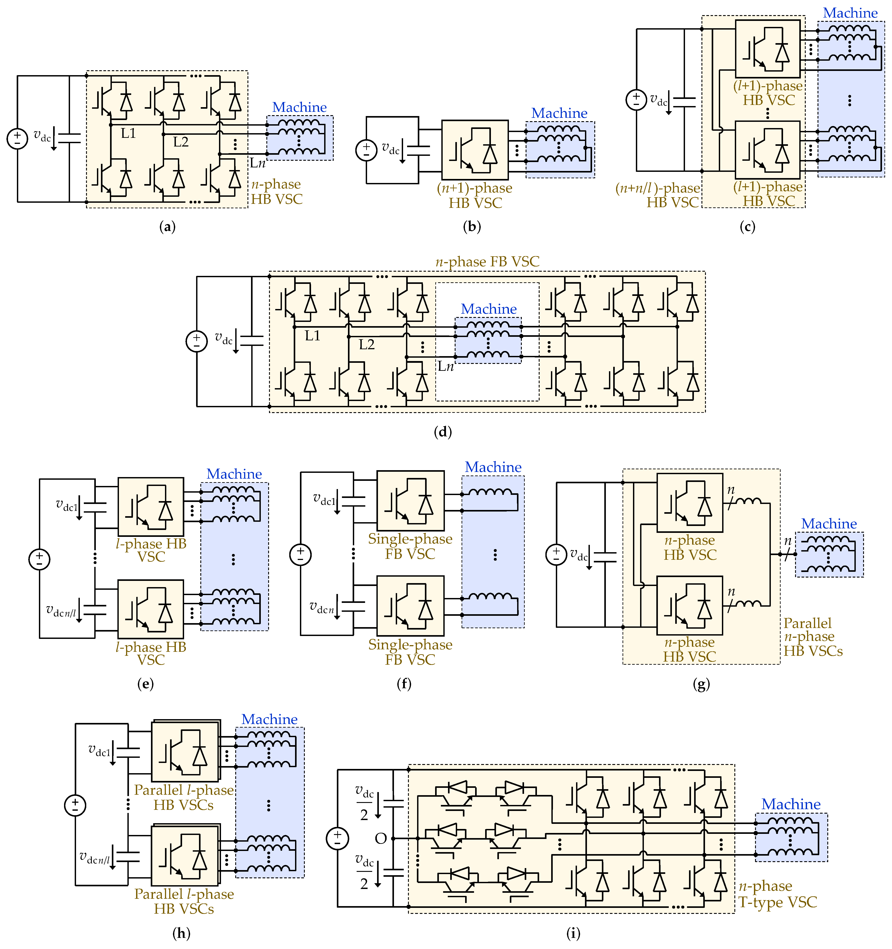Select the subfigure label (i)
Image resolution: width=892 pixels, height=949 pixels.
tap(573, 933)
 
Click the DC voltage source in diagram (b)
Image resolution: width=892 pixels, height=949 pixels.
tap(366, 150)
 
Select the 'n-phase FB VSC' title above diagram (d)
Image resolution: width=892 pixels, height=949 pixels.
tap(487, 262)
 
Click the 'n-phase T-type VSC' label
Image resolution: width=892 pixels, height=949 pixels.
tap(777, 894)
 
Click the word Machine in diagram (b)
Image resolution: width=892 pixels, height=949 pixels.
tap(559, 113)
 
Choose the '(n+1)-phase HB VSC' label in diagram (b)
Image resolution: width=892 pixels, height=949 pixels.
tap(475, 195)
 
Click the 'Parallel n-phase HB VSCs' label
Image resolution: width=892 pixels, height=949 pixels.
tap(813, 637)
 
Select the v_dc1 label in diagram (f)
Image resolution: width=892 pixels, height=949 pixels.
tap(325, 500)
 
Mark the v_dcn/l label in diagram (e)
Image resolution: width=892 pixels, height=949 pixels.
tap(61, 611)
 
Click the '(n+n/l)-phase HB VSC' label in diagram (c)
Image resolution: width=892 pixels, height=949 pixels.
tap(658, 195)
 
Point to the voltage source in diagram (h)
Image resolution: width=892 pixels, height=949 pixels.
tap(75, 805)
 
